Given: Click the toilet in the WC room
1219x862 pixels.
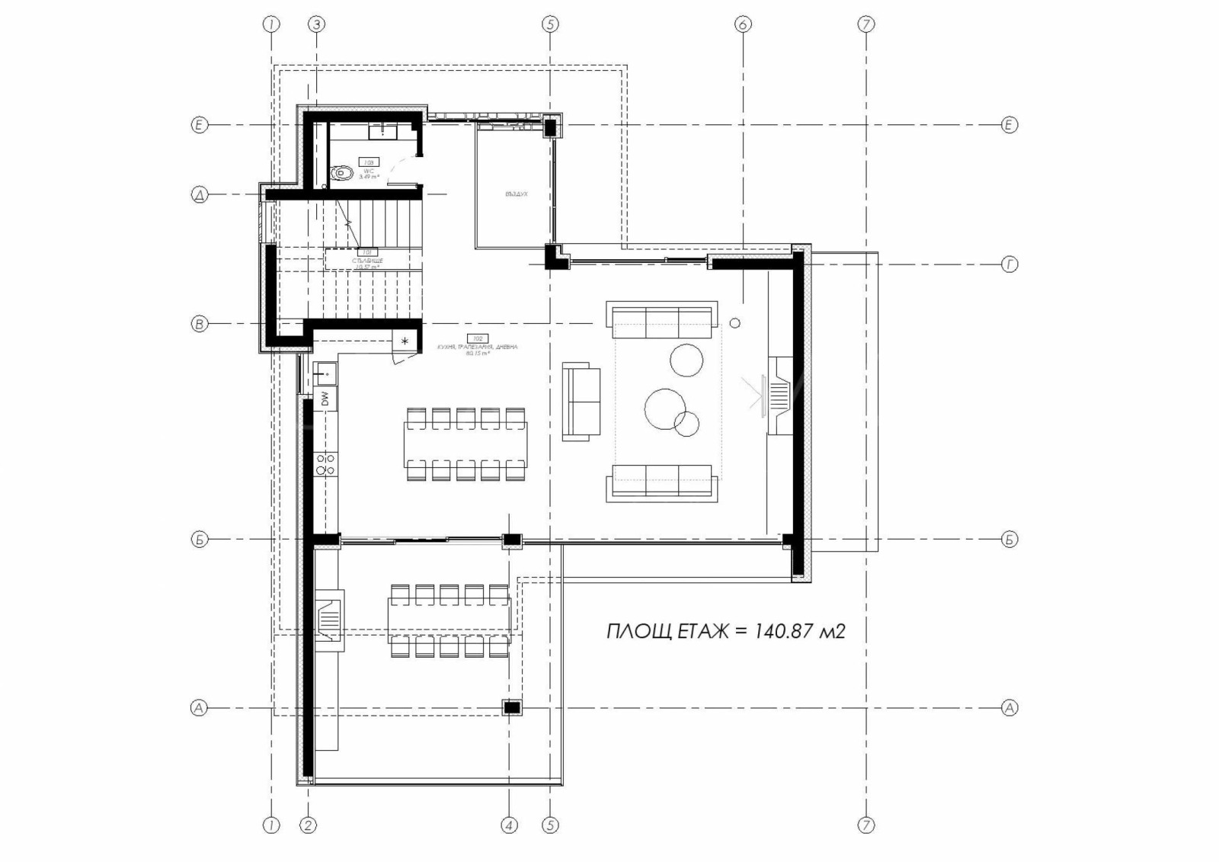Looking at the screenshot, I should coord(342,174).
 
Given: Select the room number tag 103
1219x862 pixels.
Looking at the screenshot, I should coord(370,162).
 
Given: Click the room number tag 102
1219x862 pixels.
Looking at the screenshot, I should coord(478,338).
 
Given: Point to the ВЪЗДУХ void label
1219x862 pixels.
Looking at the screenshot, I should coord(516,194).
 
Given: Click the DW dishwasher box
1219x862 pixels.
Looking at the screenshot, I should coord(325,398).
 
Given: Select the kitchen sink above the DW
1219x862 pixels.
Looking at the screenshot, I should coord(325,373).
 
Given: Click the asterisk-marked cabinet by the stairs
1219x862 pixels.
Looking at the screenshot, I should coord(405,341).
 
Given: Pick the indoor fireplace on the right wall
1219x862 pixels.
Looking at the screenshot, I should coord(778,395).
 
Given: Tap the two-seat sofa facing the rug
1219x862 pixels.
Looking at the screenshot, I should coord(581,401).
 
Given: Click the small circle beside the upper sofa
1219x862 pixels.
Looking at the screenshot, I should coord(734,323).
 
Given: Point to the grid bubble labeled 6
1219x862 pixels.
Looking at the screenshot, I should coord(743,24).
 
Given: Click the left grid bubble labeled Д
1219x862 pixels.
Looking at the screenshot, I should coord(199,195).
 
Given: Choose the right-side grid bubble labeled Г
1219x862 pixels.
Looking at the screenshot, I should coord(1009,264).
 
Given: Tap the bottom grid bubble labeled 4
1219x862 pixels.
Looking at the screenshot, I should coord(509,825).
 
